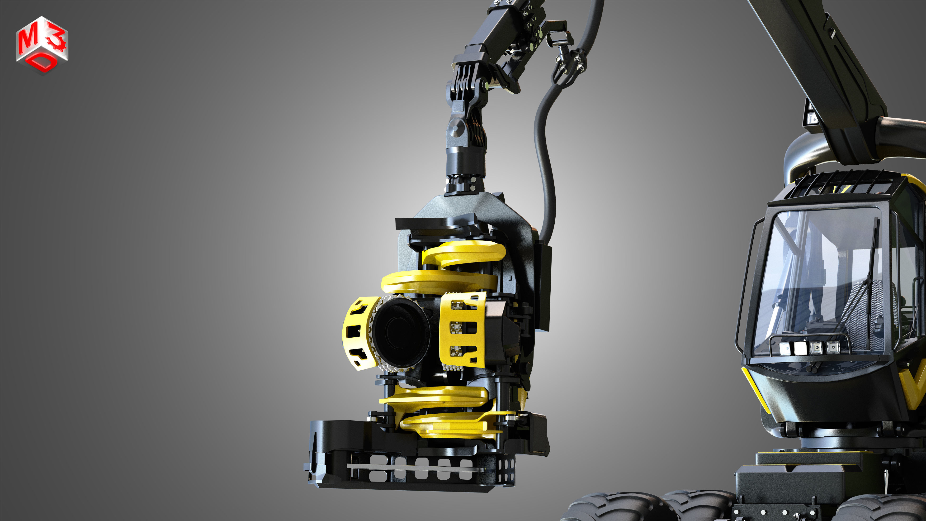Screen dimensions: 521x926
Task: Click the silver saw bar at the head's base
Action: [x=413, y=467]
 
